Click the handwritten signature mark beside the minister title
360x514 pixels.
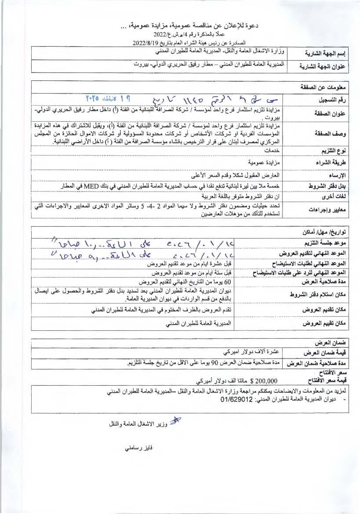pyautogui.click(x=175, y=420)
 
